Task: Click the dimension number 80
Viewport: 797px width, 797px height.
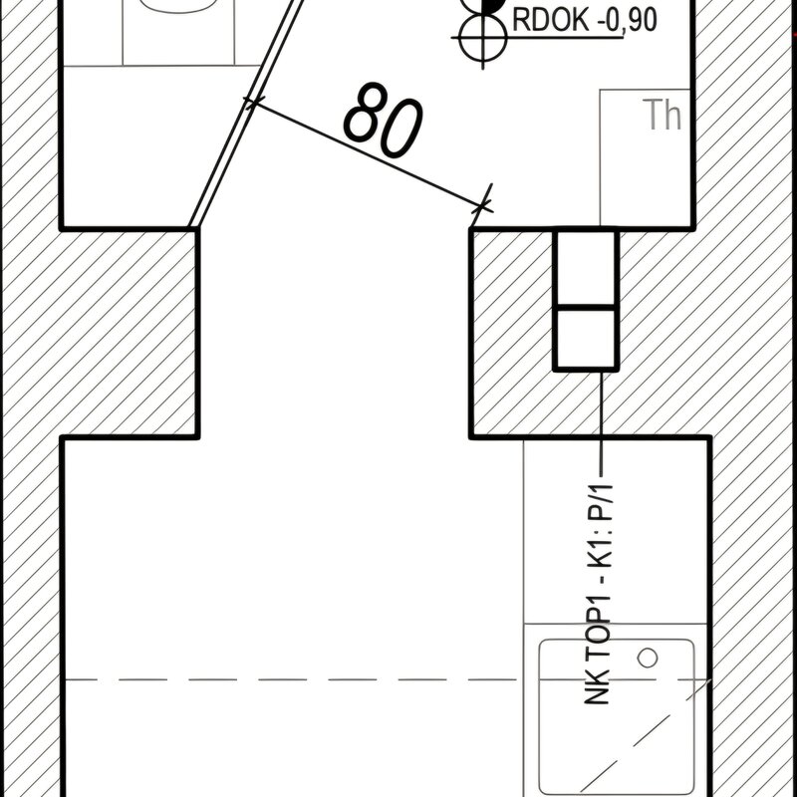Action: pyautogui.click(x=383, y=121)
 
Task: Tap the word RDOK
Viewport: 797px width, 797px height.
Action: pyautogui.click(x=551, y=20)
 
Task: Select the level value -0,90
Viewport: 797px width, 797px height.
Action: pyautogui.click(x=627, y=20)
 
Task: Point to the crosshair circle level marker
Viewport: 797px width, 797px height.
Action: pyautogui.click(x=483, y=38)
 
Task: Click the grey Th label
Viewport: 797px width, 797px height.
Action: pyautogui.click(x=662, y=116)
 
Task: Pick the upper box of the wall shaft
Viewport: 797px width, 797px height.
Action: pyautogui.click(x=586, y=268)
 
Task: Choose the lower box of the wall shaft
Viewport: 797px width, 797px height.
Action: pyautogui.click(x=586, y=339)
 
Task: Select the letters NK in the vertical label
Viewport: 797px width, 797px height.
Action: pyautogui.click(x=598, y=687)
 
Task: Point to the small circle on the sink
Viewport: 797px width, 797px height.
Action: pyautogui.click(x=647, y=658)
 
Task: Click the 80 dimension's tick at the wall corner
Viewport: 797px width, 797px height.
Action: pyautogui.click(x=482, y=206)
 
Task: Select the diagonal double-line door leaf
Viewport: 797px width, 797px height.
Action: pyautogui.click(x=246, y=113)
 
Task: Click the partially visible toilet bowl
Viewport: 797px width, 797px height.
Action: pyautogui.click(x=178, y=6)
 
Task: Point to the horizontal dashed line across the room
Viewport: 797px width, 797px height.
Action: pyautogui.click(x=388, y=679)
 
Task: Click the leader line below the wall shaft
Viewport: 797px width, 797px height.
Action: pyautogui.click(x=602, y=422)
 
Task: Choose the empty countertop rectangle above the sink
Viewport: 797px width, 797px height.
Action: pyautogui.click(x=616, y=531)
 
